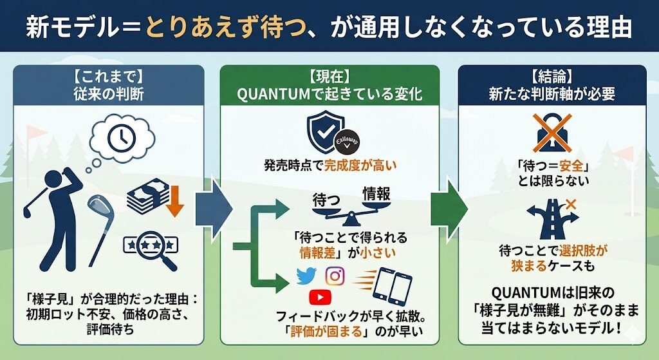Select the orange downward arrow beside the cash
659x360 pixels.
pos(174,201)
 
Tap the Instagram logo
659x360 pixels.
pos(335,276)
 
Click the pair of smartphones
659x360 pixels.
pos(393,286)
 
